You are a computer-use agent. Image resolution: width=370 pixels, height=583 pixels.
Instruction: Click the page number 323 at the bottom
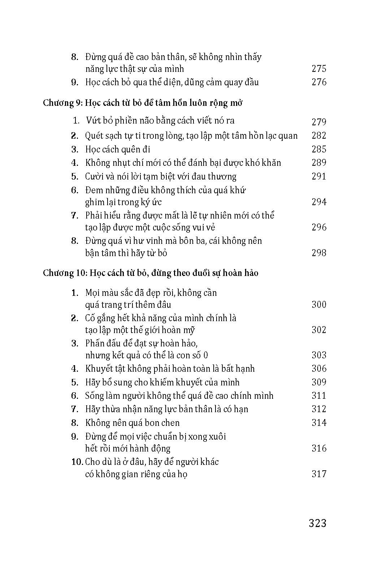click(318, 523)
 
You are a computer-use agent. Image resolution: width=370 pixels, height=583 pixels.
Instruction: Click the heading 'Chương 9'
click(63, 103)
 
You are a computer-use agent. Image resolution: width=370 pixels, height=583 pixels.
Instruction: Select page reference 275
click(319, 69)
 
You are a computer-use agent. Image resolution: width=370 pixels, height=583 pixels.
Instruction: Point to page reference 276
click(319, 82)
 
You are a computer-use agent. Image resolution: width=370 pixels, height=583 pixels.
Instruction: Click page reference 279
click(319, 122)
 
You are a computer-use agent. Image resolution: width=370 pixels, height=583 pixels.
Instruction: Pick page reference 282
click(319, 136)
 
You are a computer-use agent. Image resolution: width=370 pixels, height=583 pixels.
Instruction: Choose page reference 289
click(319, 163)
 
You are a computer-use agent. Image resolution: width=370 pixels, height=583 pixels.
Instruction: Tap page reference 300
click(319, 305)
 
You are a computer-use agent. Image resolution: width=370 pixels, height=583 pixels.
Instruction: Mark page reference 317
click(319, 474)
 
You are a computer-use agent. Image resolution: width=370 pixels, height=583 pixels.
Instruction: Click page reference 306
click(319, 368)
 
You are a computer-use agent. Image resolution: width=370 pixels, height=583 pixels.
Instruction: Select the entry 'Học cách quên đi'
click(118, 149)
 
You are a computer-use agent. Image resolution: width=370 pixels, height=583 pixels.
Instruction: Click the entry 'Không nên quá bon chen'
click(132, 423)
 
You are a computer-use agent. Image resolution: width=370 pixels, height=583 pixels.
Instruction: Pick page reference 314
click(319, 423)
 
